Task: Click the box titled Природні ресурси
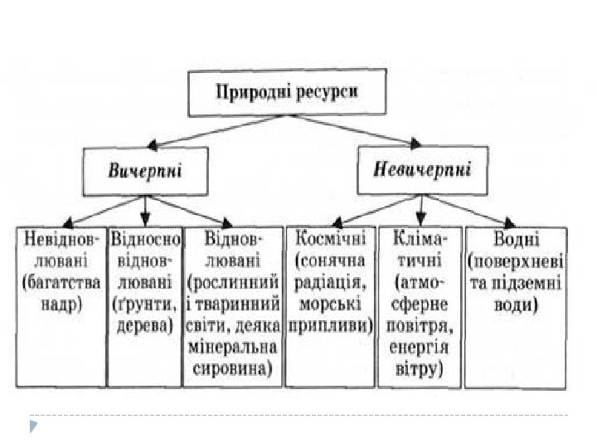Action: tap(287, 92)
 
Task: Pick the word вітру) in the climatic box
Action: tap(420, 366)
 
